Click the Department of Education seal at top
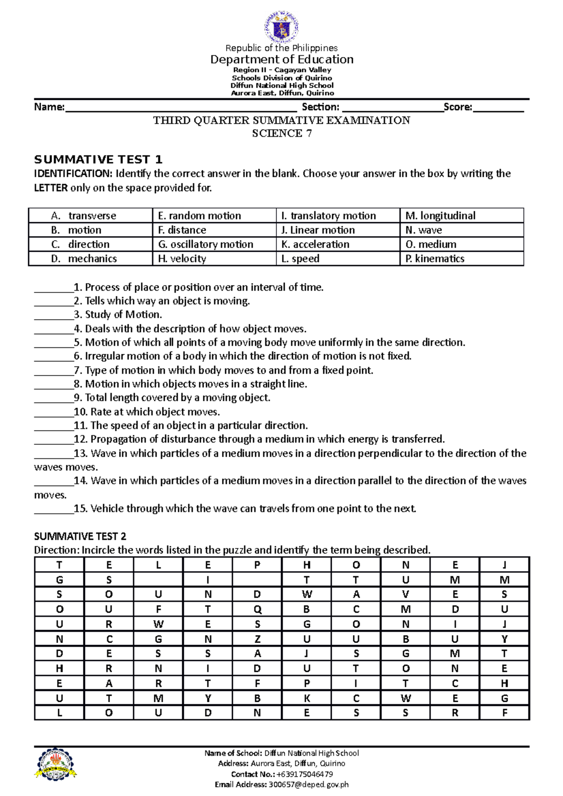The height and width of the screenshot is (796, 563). tap(281, 27)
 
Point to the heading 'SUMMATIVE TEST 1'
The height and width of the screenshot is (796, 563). tap(98, 159)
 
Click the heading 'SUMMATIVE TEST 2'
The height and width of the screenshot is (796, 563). tap(80, 536)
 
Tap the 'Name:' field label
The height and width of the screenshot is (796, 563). tap(49, 107)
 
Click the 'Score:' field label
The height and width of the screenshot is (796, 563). tap(458, 107)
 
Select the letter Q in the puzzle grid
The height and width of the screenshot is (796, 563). tap(257, 609)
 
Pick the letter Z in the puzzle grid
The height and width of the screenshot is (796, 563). tap(257, 639)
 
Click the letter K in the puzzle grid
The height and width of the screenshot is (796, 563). tap(306, 698)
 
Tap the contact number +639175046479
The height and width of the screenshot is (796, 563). tap(304, 774)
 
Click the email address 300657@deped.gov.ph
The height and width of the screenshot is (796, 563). tap(308, 784)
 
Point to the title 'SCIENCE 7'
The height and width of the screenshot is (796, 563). tap(281, 134)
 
